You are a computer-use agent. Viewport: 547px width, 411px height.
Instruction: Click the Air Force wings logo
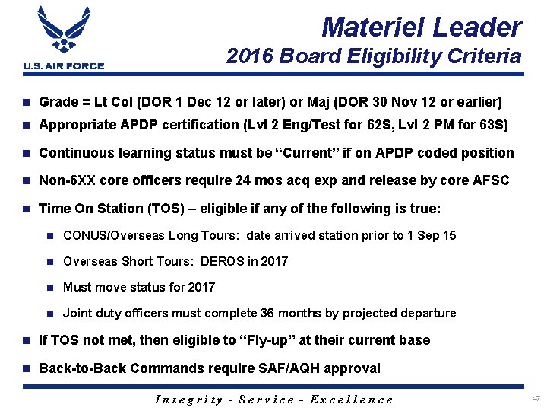tap(64, 32)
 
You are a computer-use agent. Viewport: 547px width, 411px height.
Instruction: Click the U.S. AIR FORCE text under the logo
tap(64, 66)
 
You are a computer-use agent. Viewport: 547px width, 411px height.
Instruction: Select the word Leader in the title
tap(477, 27)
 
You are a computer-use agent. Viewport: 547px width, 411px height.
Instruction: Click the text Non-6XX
tap(65, 180)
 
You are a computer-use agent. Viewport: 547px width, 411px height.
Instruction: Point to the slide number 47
tap(536, 398)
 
